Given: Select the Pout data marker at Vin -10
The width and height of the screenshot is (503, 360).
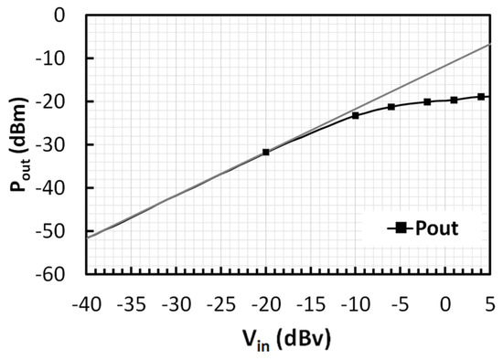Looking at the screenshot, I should (x=356, y=115).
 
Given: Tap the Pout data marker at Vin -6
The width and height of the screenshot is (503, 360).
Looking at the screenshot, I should (x=391, y=107).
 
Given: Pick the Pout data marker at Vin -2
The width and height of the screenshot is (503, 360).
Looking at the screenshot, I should (x=427, y=101).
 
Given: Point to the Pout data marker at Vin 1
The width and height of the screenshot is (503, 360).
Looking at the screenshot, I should (x=455, y=100).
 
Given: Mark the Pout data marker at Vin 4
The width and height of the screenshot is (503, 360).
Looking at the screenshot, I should (x=481, y=96).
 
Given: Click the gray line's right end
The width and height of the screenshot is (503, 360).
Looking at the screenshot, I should (x=490, y=44).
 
